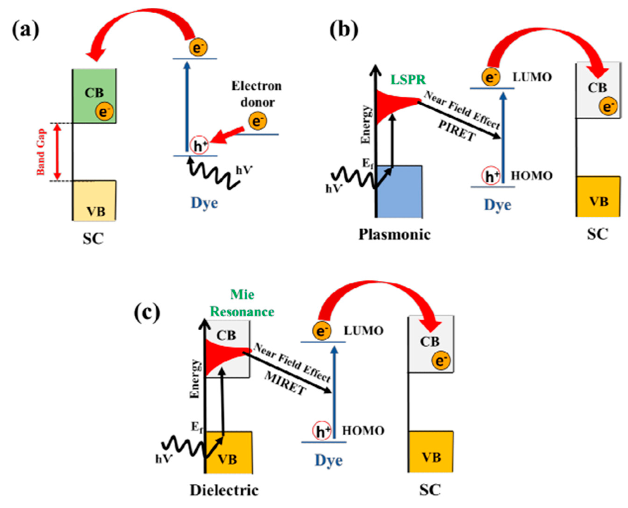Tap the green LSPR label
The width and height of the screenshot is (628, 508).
coord(408,80)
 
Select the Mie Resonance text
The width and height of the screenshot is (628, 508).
coord(242,303)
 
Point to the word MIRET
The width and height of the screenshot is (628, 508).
coord(285,384)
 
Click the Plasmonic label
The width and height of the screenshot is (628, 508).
coord(395,234)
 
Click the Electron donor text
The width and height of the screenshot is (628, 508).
coord(257,94)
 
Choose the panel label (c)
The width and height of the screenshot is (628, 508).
coord(147,312)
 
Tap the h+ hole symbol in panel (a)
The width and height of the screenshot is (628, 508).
coord(199,145)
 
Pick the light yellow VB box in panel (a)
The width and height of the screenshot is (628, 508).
coord(95,201)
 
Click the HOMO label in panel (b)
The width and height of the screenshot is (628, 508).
coord(531,176)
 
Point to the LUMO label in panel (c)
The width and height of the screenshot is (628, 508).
coord(364,331)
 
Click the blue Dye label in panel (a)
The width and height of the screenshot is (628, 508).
coord(204,203)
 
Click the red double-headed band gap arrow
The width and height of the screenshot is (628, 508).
coord(58,152)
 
